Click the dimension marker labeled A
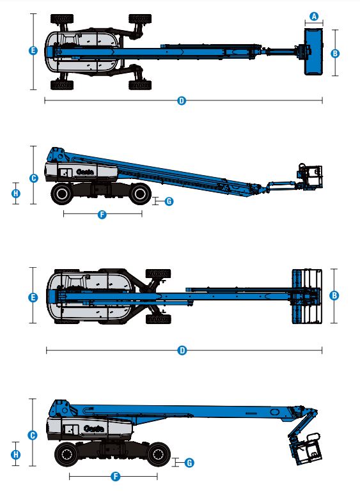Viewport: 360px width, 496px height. [313, 16]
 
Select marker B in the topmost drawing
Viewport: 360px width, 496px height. [334, 53]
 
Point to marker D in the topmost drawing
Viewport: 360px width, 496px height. [182, 101]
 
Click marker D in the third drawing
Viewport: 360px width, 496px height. [182, 350]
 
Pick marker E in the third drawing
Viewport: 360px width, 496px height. [33, 297]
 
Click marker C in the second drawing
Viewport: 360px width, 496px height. [33, 178]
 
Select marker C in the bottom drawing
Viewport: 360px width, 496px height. [33, 435]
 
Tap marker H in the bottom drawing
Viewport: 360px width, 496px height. [16, 454]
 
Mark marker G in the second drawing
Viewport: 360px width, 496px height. [169, 201]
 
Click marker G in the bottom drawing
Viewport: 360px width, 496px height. [189, 461]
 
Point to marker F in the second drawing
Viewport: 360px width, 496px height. [102, 215]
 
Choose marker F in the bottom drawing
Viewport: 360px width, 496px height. [116, 476]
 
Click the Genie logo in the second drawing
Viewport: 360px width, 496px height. [85, 171]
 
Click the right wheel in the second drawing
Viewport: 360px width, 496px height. [138, 193]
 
